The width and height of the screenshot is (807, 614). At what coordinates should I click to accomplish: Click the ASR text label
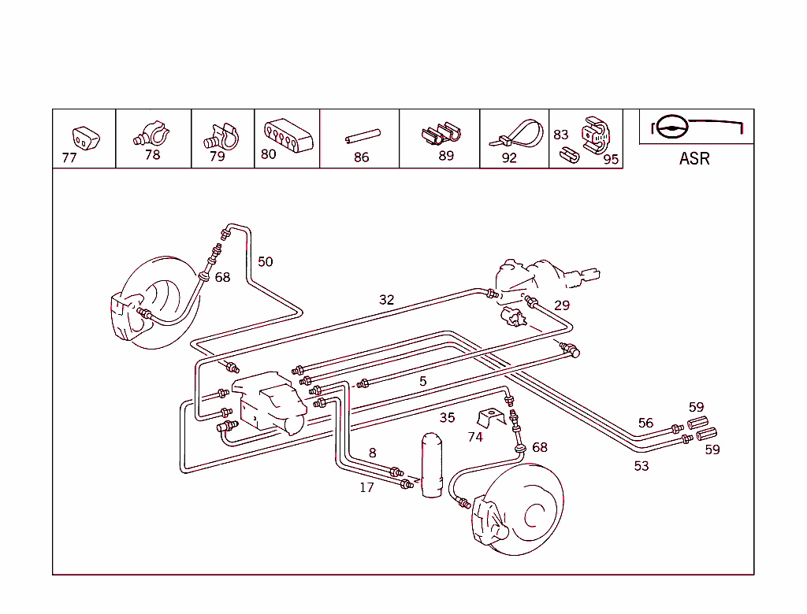coord(694,158)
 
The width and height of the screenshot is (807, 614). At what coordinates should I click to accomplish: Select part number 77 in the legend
coord(69,157)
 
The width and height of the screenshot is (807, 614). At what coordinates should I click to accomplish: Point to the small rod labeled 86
coord(363,137)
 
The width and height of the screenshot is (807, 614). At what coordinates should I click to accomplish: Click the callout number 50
coord(266,261)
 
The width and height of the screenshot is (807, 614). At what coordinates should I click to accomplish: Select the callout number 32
coord(386,300)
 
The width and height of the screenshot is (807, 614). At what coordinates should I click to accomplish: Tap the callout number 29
coord(561,305)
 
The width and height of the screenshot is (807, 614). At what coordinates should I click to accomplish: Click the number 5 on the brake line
coord(423,382)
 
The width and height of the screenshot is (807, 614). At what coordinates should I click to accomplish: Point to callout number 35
coord(447,418)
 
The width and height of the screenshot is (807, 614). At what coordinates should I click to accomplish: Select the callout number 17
coord(366,487)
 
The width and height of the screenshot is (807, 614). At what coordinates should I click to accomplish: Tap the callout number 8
coord(373,453)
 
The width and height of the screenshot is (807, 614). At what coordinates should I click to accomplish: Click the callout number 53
coord(642,466)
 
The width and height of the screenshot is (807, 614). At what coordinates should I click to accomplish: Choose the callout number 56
coord(645,424)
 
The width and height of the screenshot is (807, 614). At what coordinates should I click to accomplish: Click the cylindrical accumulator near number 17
coord(431,464)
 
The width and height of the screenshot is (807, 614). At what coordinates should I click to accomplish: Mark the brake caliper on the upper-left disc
coord(126,315)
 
